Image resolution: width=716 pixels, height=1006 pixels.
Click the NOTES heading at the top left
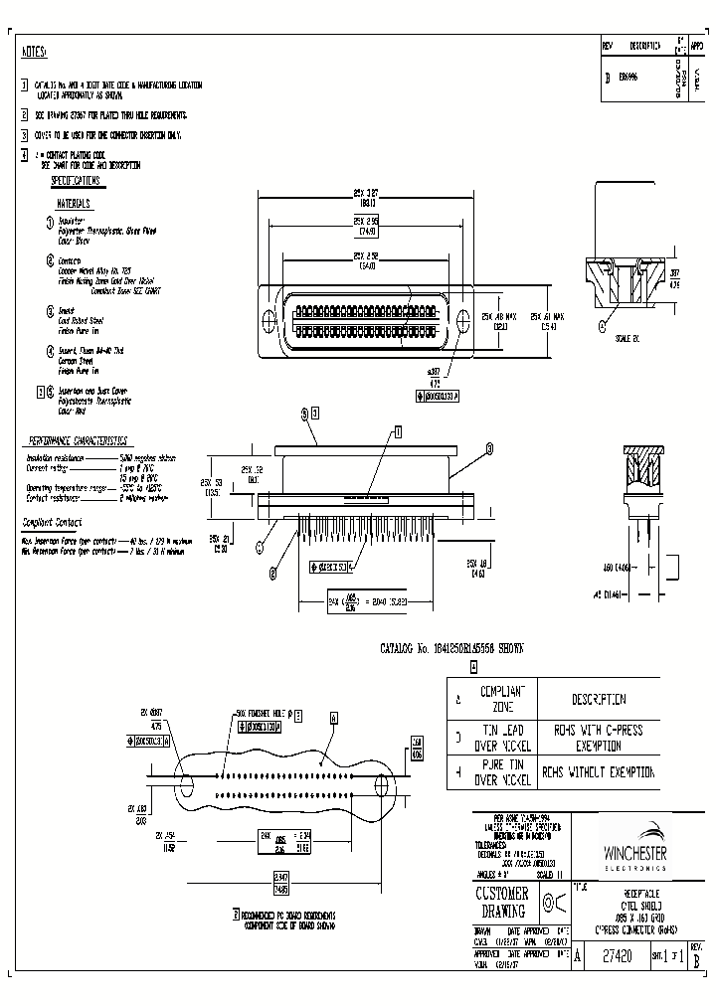[34, 53]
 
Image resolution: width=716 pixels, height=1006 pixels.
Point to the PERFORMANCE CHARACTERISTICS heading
[78, 438]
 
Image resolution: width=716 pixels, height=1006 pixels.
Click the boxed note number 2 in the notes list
[25, 114]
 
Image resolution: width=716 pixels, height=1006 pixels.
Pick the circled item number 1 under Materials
[50, 222]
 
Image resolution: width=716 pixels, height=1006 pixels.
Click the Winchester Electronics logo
[637, 849]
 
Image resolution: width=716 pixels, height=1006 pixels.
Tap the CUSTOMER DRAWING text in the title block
[503, 904]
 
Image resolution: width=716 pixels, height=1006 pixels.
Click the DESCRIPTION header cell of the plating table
[599, 699]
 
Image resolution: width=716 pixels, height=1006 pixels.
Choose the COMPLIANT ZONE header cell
[508, 698]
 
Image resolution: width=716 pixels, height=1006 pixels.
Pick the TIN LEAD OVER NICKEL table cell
[508, 737]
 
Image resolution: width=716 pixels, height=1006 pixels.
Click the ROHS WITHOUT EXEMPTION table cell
[599, 771]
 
